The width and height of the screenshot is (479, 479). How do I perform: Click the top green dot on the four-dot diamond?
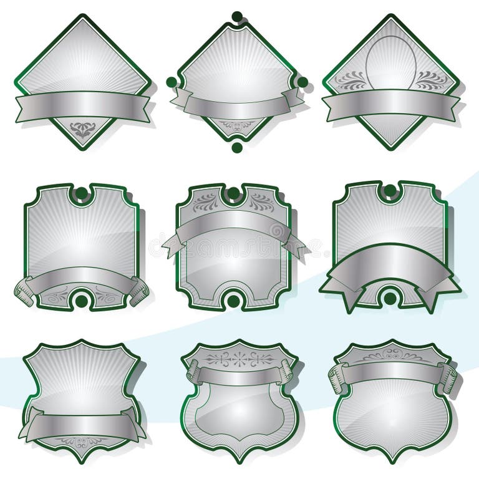click(x=237, y=16)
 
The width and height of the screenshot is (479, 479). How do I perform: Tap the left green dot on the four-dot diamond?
click(x=172, y=82)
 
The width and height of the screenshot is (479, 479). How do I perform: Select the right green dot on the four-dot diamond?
click(x=302, y=82)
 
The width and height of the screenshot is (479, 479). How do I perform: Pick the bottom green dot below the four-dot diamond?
click(x=237, y=147)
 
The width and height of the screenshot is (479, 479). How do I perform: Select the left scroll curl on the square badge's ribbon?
click(x=24, y=290)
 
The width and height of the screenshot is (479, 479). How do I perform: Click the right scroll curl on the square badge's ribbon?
click(x=139, y=290)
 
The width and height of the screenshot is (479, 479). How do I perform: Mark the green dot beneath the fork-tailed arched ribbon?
click(x=390, y=298)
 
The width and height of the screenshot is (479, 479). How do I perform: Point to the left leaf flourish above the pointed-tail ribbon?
click(x=206, y=201)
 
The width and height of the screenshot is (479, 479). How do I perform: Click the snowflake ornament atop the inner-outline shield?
click(x=239, y=359)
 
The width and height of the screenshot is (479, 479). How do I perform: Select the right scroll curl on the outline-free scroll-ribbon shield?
click(x=447, y=377)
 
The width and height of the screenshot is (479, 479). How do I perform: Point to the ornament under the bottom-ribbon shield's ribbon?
click(x=82, y=442)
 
